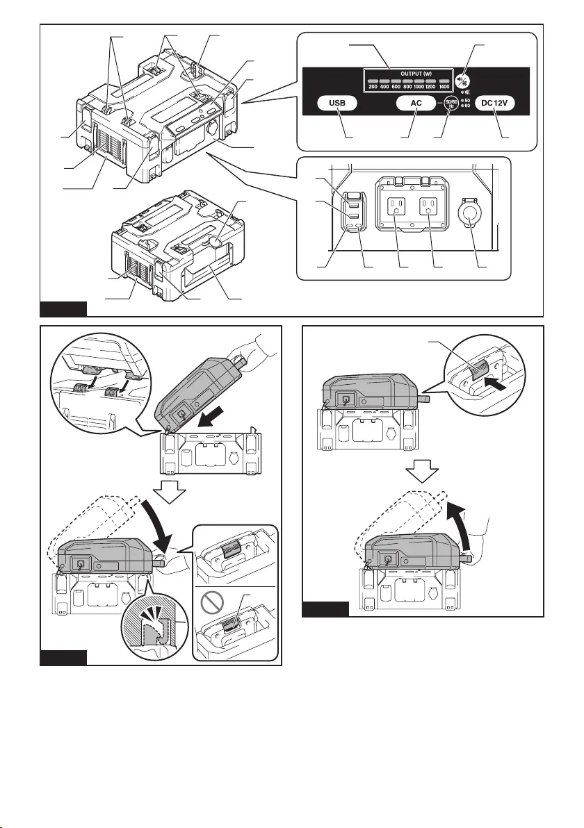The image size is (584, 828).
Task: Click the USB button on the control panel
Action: (x=338, y=104)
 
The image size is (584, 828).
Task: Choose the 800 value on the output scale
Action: (x=407, y=87)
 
